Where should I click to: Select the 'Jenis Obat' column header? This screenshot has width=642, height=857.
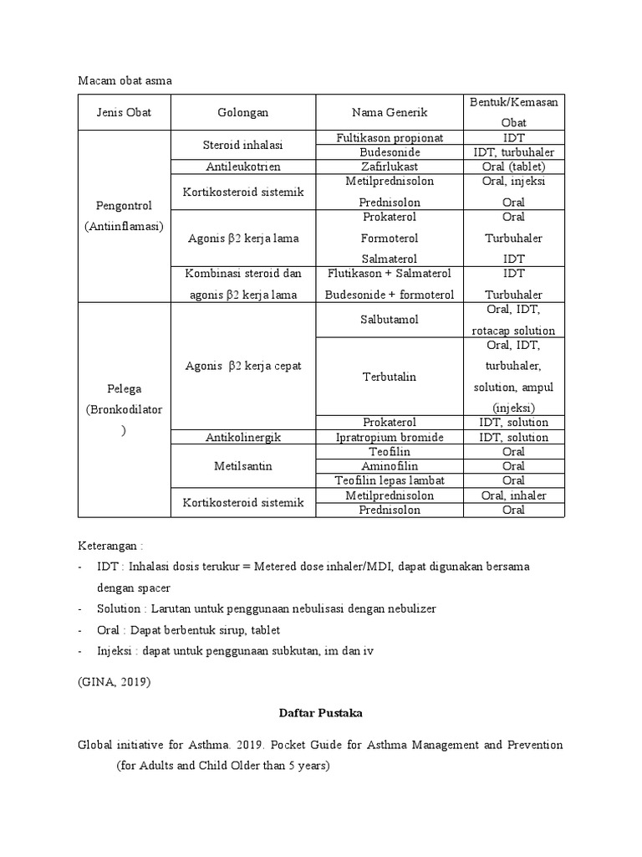tap(124, 112)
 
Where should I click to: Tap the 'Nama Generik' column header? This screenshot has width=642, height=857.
tap(390, 112)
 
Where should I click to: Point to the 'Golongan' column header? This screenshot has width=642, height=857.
tap(242, 112)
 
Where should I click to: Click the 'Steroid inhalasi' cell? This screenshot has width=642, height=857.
tap(242, 145)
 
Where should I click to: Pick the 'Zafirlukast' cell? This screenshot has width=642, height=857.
tap(390, 167)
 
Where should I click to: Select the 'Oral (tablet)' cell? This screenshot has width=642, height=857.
tap(513, 167)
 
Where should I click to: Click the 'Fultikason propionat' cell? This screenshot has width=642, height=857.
tap(390, 137)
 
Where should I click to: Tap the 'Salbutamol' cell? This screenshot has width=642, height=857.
tap(390, 320)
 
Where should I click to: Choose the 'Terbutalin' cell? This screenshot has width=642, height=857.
tap(390, 377)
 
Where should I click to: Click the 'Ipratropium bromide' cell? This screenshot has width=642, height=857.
tap(390, 437)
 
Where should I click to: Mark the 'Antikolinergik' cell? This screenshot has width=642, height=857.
tap(242, 437)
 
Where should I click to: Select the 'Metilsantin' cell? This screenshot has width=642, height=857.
tap(242, 466)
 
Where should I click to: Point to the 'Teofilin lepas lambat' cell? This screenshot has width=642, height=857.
tap(390, 480)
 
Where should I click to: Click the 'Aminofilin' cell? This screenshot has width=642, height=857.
tap(390, 466)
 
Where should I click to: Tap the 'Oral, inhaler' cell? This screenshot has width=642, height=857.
tap(513, 495)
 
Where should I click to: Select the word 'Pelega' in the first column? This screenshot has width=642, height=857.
tap(124, 389)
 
